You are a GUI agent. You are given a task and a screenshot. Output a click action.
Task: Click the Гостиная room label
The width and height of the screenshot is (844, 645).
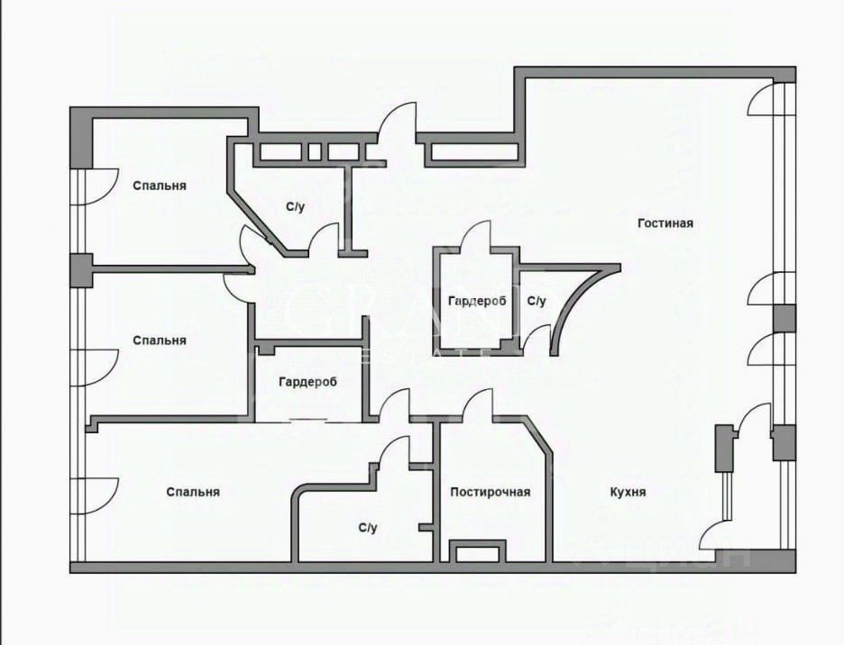pos(665,223)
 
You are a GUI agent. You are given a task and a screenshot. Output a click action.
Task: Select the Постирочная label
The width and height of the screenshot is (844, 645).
pos(491,492)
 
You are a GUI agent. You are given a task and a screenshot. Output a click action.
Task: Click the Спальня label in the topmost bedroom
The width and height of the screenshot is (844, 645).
pos(160,186)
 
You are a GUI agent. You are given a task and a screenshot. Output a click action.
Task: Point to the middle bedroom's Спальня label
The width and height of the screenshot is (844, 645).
pos(160,341)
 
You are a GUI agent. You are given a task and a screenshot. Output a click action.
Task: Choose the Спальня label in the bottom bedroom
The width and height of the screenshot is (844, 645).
pos(193,493)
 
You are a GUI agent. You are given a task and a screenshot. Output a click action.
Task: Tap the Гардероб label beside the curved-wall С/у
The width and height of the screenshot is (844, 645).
pos(477,301)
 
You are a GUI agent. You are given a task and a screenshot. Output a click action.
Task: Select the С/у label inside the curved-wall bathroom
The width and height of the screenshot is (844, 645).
pos(537,301)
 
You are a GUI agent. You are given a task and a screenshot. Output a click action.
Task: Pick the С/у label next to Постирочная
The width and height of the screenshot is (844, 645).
pos(367,528)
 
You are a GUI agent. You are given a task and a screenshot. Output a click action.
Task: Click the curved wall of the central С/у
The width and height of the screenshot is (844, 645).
pos(577,297)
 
